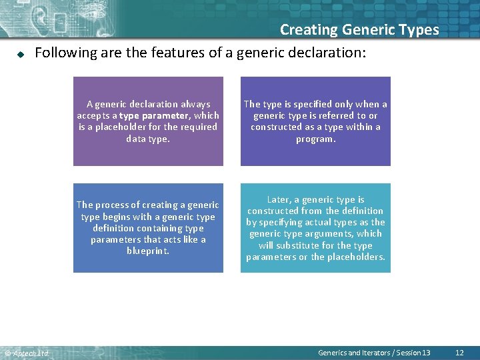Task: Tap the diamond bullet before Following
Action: (x=21, y=53)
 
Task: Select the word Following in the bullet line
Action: (x=65, y=53)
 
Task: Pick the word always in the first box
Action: (x=194, y=104)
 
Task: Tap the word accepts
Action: (x=92, y=115)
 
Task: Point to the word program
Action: (x=315, y=139)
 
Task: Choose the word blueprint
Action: (x=148, y=251)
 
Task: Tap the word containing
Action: (x=159, y=228)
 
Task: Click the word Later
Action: (x=279, y=199)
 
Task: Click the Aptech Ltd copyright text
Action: (x=27, y=353)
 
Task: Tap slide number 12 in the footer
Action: (x=459, y=353)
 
